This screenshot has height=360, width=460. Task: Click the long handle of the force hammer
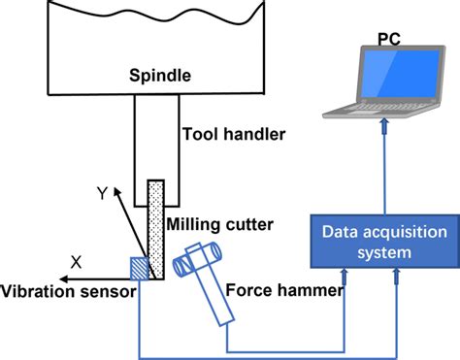click(216, 302)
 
